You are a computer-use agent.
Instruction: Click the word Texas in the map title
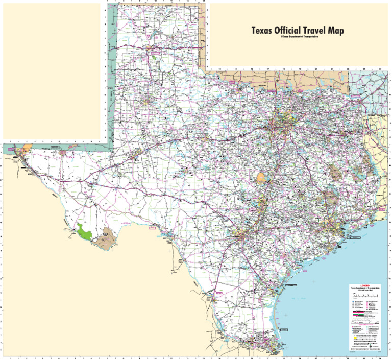tap(261, 31)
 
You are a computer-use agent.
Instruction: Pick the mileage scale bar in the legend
tap(365, 296)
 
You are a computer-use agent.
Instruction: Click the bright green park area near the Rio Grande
tap(84, 232)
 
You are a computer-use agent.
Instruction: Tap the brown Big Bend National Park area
tap(107, 238)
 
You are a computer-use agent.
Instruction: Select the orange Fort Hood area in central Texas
tap(262, 178)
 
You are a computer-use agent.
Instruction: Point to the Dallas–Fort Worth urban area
tap(280, 121)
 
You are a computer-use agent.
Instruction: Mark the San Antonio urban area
tap(240, 236)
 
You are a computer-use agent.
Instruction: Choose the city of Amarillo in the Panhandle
tap(152, 50)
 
